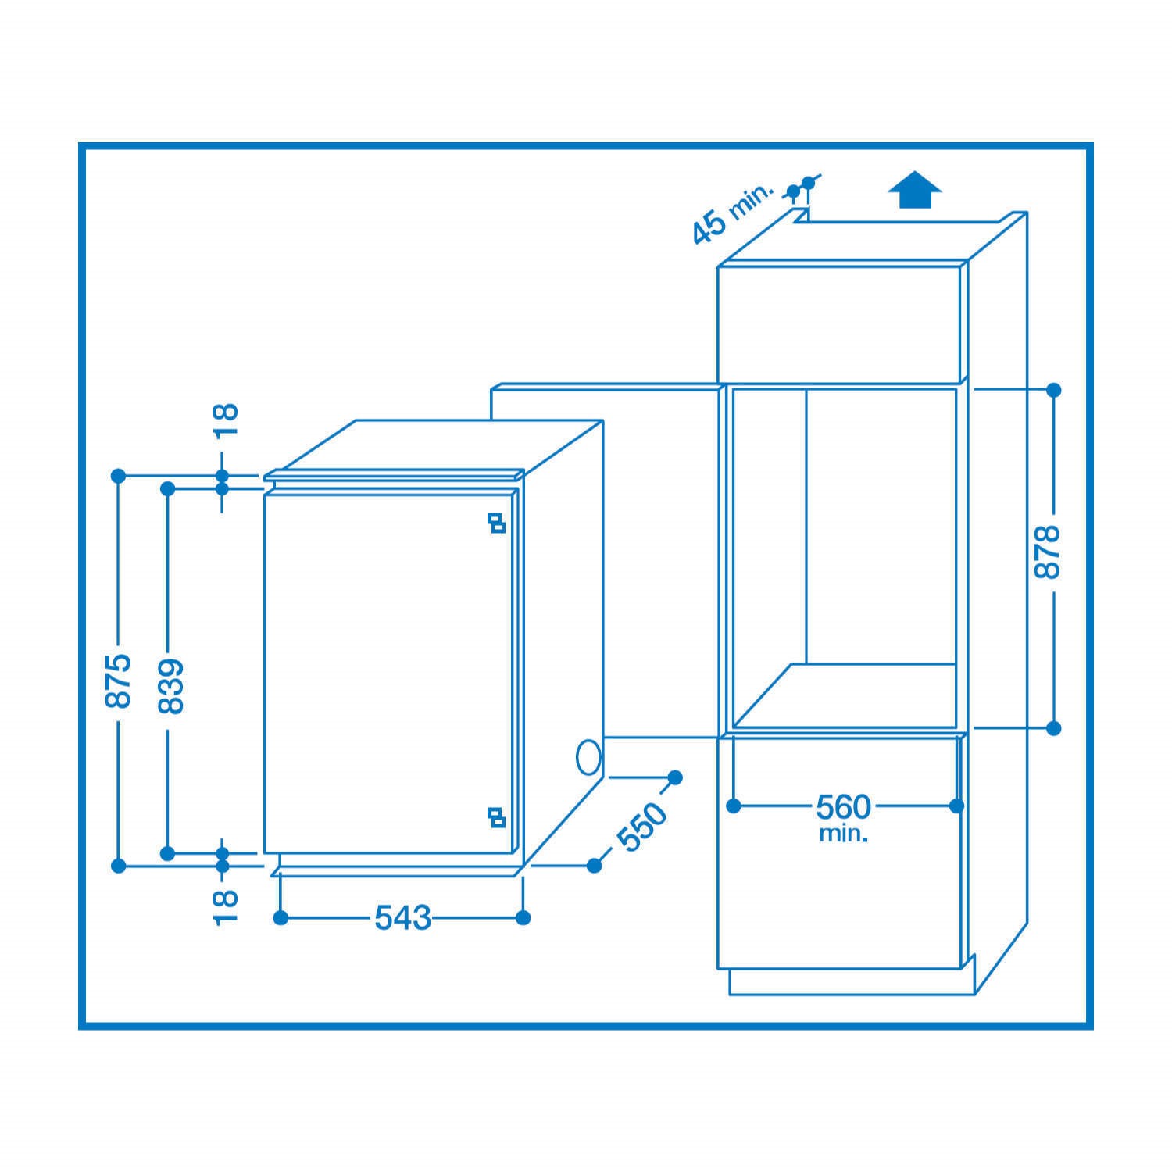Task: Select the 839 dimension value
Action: coord(170,686)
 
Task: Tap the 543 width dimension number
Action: coord(403,918)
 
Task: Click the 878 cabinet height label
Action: coord(1046,552)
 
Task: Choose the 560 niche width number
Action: coord(843,806)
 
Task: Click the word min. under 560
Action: coord(843,833)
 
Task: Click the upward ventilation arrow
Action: coord(915,191)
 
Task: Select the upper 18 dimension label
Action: coord(225,422)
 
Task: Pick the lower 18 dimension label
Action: coord(225,906)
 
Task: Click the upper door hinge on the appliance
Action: coord(496,523)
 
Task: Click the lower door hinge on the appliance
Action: coord(496,816)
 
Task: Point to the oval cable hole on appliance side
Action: coord(588,757)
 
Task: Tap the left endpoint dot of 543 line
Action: coord(281,918)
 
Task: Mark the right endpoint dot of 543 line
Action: coord(523,918)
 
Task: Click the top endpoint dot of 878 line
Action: coord(1053,389)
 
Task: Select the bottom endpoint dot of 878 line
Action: coord(1053,728)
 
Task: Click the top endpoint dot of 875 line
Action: coord(118,475)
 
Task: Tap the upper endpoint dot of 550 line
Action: coord(675,777)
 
